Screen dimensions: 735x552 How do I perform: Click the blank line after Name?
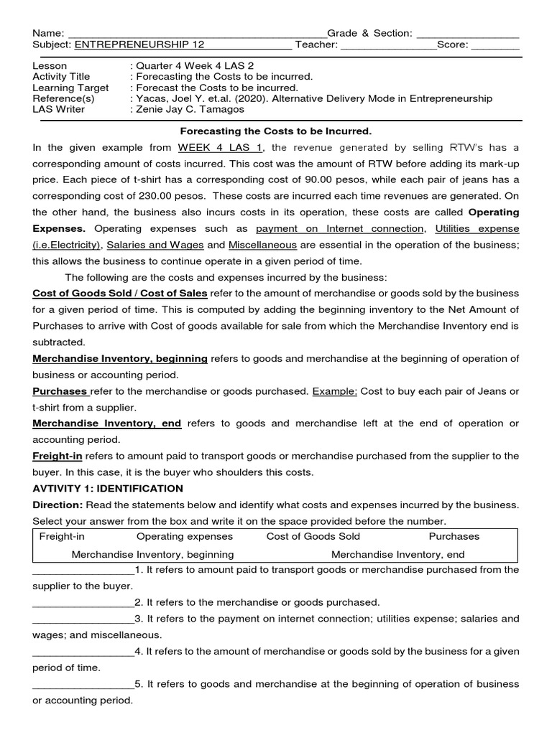(x=195, y=34)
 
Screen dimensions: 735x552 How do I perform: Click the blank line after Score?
(x=495, y=45)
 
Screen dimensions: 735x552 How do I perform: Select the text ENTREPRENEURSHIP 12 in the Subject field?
(x=139, y=45)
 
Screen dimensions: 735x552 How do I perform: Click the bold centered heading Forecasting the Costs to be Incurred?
(x=275, y=131)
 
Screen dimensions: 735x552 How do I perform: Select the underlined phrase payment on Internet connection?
(x=340, y=229)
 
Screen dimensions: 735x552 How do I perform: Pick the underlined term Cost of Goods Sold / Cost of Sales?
(x=120, y=294)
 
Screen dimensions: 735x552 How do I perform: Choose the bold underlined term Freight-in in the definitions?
(x=57, y=457)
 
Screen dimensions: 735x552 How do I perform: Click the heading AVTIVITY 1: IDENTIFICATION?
(x=108, y=489)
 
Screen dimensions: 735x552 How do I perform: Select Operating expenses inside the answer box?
(x=185, y=537)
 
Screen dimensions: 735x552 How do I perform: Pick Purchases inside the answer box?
(x=454, y=537)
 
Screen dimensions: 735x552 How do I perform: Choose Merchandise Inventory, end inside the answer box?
(x=397, y=555)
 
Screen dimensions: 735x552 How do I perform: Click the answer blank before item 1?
(x=83, y=571)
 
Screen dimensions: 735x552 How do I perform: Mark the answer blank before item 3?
(x=83, y=619)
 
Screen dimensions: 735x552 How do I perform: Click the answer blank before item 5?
(x=83, y=685)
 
